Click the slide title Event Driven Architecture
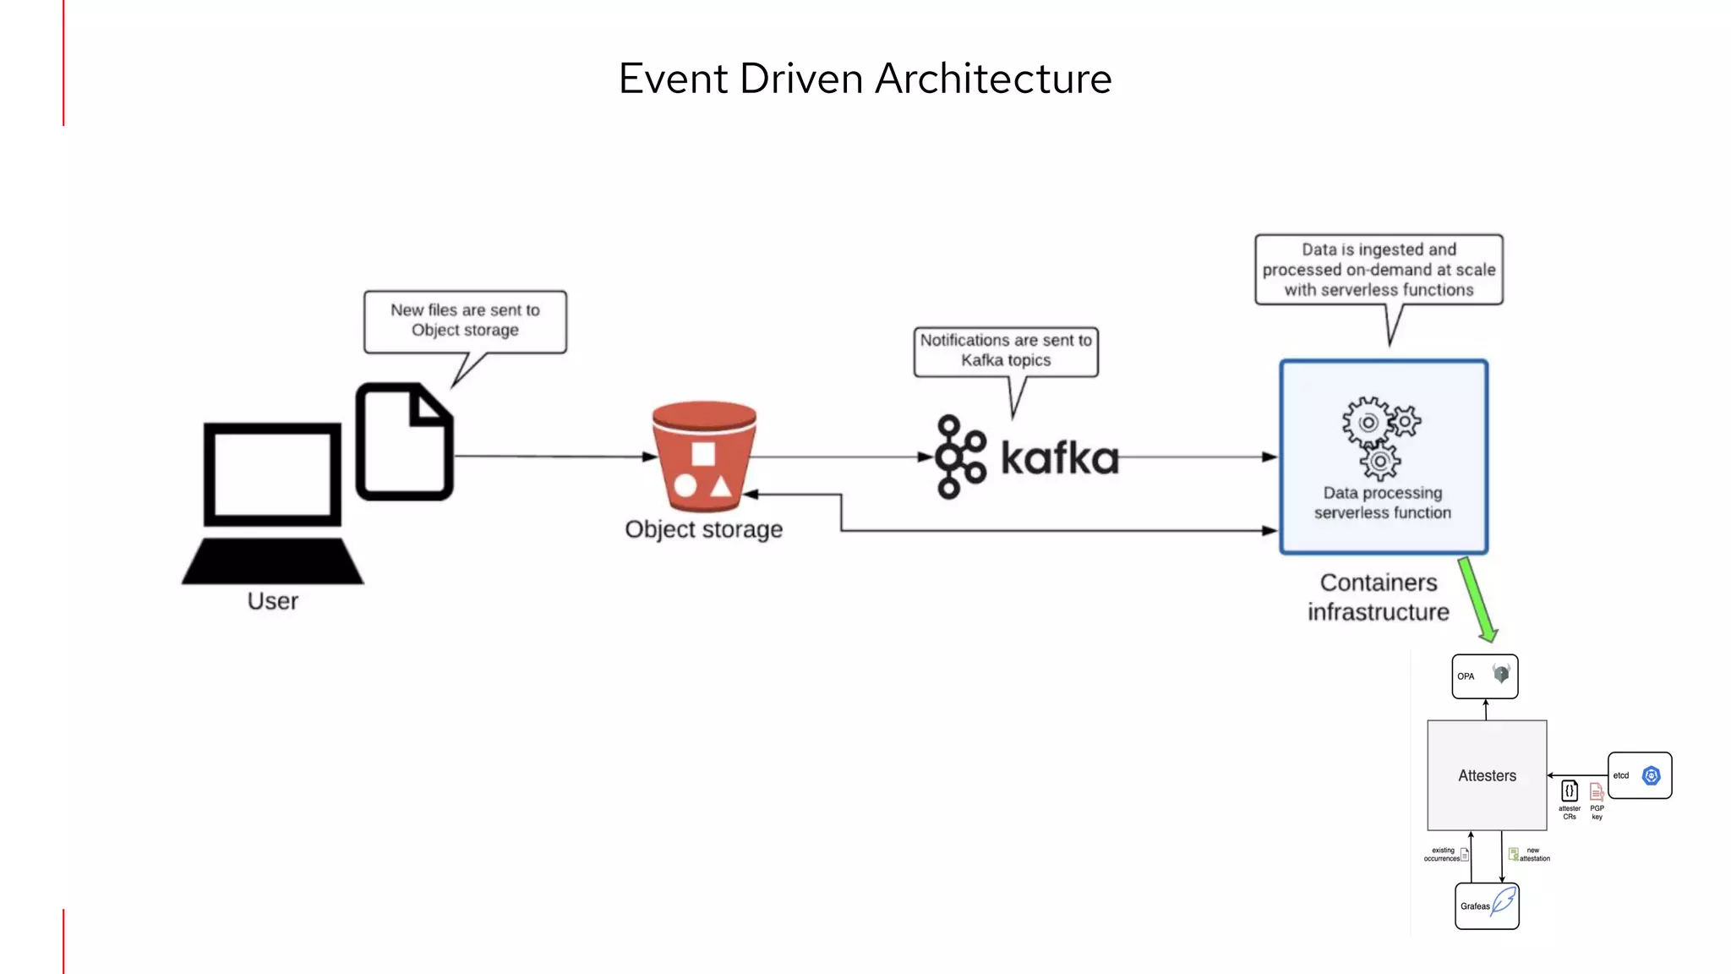click(865, 79)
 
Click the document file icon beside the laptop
click(404, 441)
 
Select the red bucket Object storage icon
click(704, 457)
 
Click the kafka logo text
click(1059, 457)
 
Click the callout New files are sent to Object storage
click(465, 320)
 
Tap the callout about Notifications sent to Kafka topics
click(1006, 350)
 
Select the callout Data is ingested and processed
click(1379, 270)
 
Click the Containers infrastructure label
click(1378, 597)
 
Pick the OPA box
click(1484, 676)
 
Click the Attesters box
click(1487, 775)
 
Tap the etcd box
click(1639, 775)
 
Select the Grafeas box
click(1487, 906)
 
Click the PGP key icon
click(1597, 792)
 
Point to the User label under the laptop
click(272, 601)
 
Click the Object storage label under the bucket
click(703, 529)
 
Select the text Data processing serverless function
click(1383, 503)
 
